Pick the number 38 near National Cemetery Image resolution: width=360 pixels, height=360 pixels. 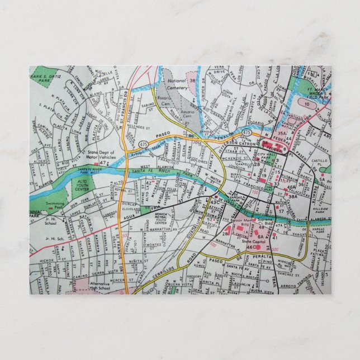coord(192,80)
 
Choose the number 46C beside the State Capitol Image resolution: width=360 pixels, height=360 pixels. coord(250,247)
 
